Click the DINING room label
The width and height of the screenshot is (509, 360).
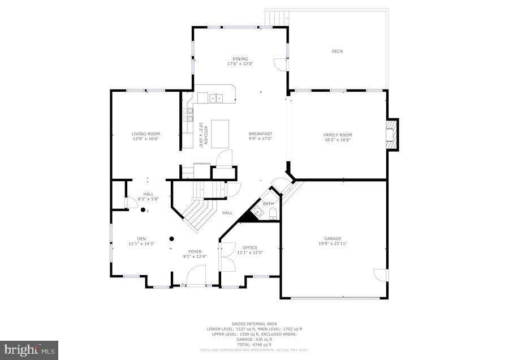[x=240, y=58]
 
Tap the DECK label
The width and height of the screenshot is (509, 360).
[x=337, y=52]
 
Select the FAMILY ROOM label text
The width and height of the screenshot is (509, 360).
[x=337, y=135]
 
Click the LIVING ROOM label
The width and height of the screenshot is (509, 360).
[x=146, y=134]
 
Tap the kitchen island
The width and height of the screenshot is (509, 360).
[x=221, y=134]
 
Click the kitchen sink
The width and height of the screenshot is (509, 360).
[x=217, y=98]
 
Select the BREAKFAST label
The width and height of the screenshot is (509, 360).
[x=260, y=134]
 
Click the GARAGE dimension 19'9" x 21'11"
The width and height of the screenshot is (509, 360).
[x=333, y=243]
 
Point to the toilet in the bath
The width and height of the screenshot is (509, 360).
[x=272, y=213]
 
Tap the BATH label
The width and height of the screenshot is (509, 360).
[x=268, y=204]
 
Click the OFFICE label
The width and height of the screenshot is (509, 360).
[x=249, y=247]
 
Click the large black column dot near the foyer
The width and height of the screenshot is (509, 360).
[x=171, y=238]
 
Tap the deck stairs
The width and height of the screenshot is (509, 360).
[x=277, y=18]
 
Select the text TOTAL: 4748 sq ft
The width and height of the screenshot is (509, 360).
[x=254, y=345]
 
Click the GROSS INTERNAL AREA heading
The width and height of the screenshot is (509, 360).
[x=254, y=324]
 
